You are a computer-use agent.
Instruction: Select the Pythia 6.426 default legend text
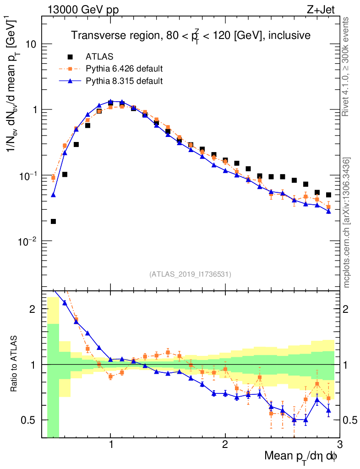click(124, 69)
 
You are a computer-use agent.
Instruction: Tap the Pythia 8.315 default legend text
click(124, 81)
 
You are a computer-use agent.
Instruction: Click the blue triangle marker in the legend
click(70, 81)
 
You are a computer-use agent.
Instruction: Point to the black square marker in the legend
click(70, 57)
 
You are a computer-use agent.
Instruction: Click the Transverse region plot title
click(191, 35)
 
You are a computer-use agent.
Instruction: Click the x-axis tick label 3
click(339, 445)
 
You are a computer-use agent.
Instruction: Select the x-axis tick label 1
click(111, 445)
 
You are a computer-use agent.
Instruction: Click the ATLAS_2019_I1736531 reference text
click(190, 274)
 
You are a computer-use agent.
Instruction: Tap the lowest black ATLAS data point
click(53, 222)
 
